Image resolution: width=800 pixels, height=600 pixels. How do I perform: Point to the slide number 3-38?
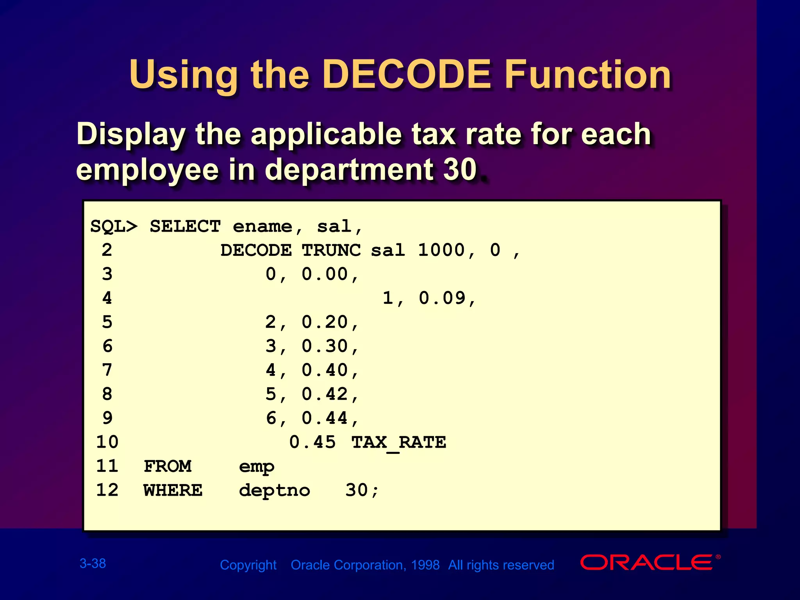[93, 563]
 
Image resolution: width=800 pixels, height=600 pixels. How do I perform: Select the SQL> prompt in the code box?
[114, 227]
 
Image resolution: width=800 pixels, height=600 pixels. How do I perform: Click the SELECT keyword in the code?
[185, 227]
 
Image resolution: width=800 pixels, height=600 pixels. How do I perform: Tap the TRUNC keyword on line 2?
[331, 250]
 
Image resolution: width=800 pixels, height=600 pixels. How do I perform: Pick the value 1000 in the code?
[441, 250]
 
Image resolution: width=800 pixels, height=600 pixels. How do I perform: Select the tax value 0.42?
[325, 394]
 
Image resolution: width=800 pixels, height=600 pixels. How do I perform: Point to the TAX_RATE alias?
[399, 443]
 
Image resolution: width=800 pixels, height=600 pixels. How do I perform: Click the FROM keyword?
[168, 466]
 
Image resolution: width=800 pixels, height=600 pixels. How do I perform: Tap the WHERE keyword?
[173, 490]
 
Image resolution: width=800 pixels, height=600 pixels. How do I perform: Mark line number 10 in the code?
[107, 442]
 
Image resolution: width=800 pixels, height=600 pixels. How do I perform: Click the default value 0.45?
[312, 442]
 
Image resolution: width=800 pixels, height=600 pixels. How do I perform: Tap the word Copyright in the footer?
[248, 565]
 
